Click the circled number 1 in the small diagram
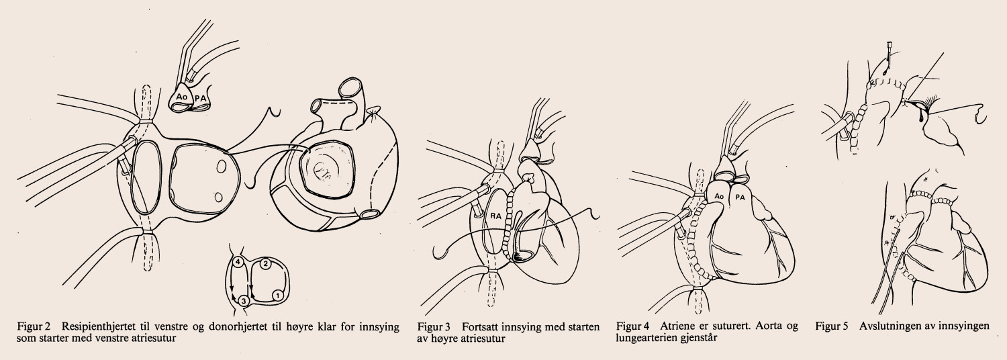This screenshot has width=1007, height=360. coord(277,296)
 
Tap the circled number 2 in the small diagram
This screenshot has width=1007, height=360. coord(265,264)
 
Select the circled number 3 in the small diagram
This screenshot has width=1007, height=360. coord(243,300)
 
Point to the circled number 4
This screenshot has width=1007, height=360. coord(238,261)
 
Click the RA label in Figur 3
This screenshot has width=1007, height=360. coord(495,216)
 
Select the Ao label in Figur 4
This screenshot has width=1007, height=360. coord(718,197)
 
